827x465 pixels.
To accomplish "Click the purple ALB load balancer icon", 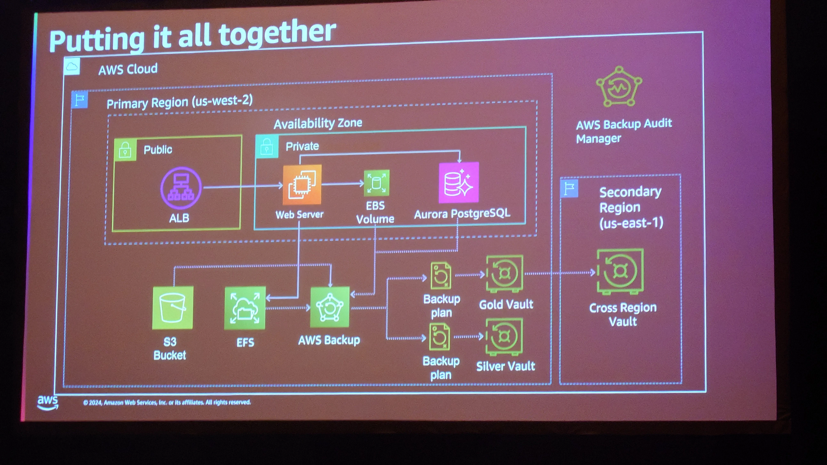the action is pyautogui.click(x=181, y=188).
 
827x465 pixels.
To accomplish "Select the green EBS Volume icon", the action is pyautogui.click(x=376, y=183).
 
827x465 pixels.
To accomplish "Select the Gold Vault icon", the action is pyautogui.click(x=504, y=274).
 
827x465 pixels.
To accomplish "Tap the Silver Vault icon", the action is pyautogui.click(x=504, y=336).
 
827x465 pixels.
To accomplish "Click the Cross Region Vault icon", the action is pyautogui.click(x=620, y=271).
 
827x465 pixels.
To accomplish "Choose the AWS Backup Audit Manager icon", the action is pyautogui.click(x=619, y=87).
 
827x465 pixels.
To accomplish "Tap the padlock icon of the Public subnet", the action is pyautogui.click(x=125, y=149).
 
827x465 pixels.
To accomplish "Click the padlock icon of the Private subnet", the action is pyautogui.click(x=267, y=147).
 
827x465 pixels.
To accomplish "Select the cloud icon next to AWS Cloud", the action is pyautogui.click(x=72, y=66).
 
